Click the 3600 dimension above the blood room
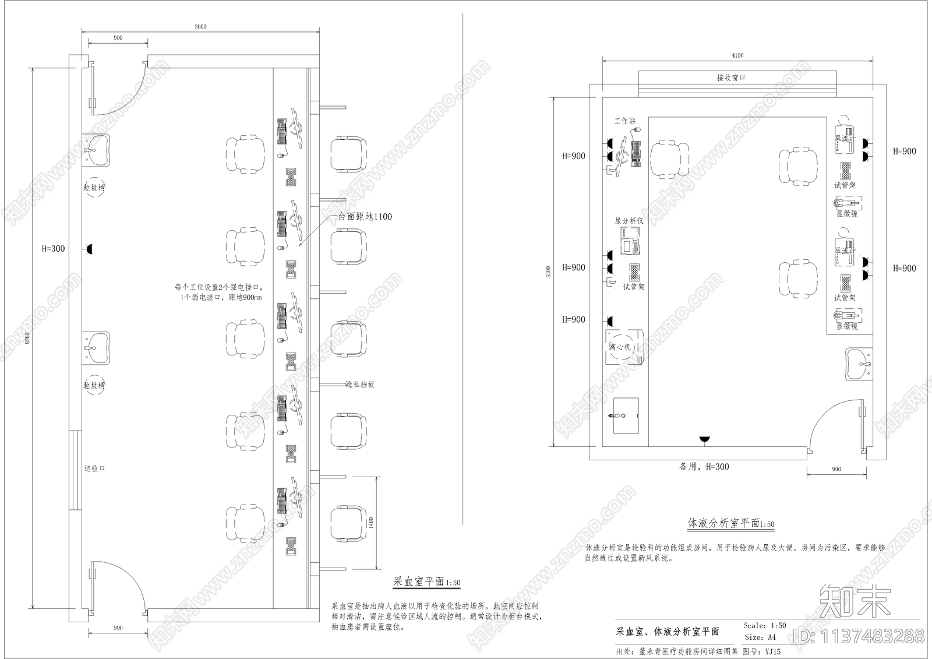[x=200, y=27]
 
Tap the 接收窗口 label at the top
[x=731, y=77]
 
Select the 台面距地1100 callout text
[x=365, y=217]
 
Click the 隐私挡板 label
[x=359, y=385]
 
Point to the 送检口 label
[x=94, y=468]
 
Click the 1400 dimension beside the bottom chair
[x=371, y=523]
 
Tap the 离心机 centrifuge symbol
[x=620, y=347]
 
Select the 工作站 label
[x=625, y=121]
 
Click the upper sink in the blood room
[x=96, y=150]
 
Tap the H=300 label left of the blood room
[x=54, y=249]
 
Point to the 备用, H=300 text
[x=704, y=467]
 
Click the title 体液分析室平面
[x=730, y=523]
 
